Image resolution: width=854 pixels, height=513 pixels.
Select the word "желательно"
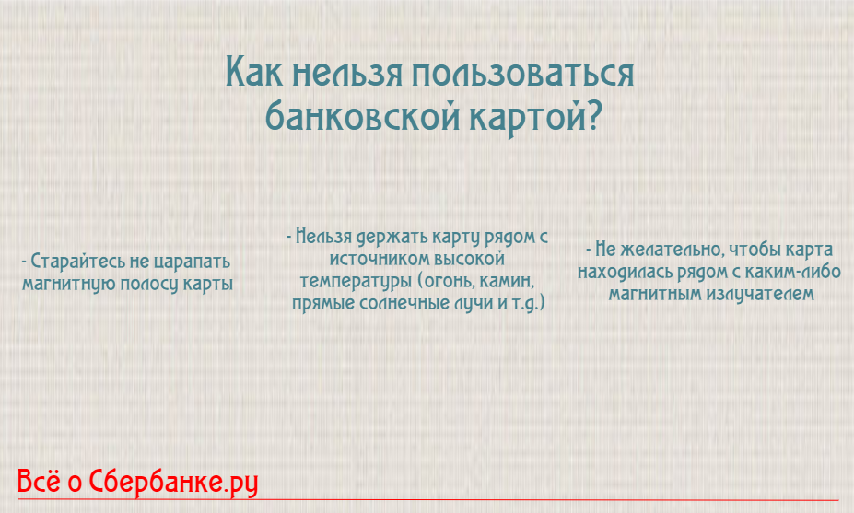click(661, 251)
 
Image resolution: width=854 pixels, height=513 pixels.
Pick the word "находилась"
click(622, 273)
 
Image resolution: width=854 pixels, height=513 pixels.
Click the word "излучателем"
click(757, 295)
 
